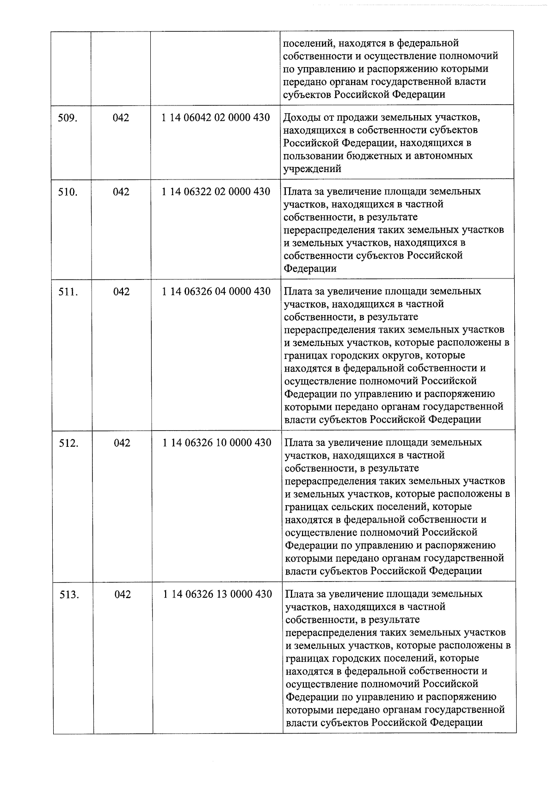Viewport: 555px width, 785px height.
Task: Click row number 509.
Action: (x=67, y=118)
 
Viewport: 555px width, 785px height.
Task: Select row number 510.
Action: (x=68, y=192)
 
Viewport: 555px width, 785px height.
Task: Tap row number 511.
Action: (x=68, y=292)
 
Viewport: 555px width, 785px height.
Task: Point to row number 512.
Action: (x=68, y=443)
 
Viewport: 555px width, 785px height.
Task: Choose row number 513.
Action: (x=69, y=595)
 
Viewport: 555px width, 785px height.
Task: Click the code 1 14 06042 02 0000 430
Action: (x=216, y=117)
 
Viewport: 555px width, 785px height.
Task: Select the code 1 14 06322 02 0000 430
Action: (x=216, y=192)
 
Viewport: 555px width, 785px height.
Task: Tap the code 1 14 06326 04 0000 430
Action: (x=216, y=291)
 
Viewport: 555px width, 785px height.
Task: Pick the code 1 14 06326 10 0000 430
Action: (x=217, y=443)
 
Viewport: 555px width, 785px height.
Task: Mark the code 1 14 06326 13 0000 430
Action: (x=218, y=594)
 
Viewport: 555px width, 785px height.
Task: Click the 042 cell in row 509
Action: (x=121, y=118)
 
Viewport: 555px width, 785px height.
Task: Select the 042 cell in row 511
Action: (x=121, y=292)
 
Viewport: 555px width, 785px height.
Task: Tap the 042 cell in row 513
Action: (x=123, y=595)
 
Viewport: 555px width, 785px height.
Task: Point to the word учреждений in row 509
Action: (x=312, y=169)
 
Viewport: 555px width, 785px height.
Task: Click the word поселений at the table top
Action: (x=308, y=43)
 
